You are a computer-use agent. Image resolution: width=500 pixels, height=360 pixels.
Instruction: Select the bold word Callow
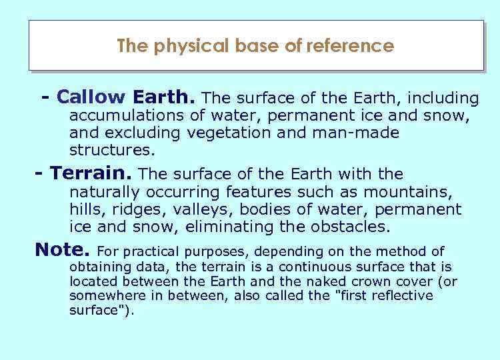tap(92, 97)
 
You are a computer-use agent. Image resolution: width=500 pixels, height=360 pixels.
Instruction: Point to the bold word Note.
tap(61, 251)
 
